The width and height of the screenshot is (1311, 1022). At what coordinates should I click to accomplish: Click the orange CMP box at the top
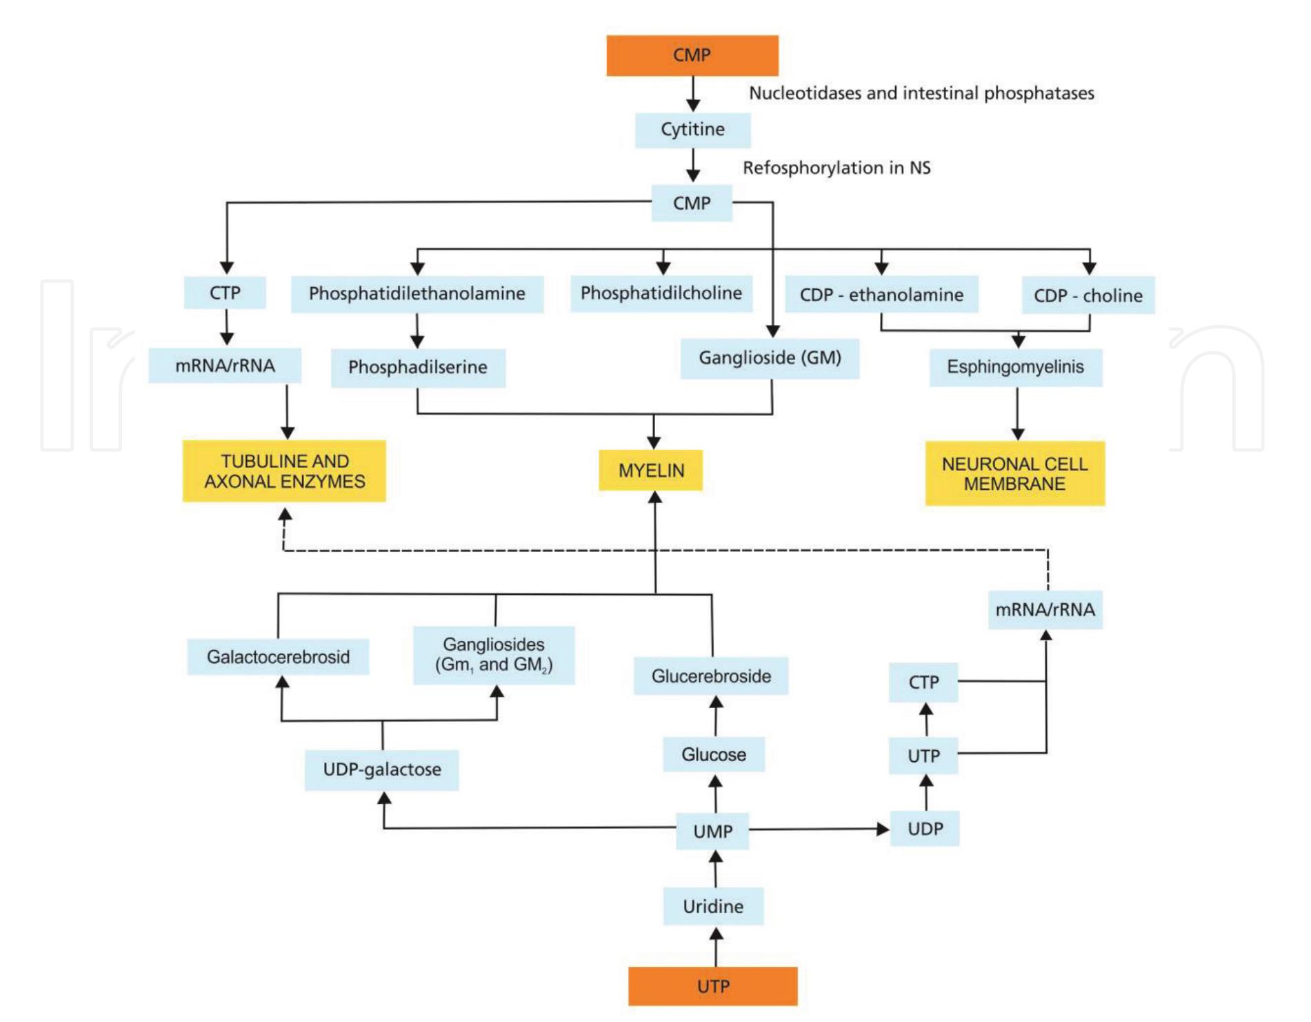(x=692, y=55)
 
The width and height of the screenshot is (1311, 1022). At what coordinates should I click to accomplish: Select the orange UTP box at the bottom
(x=712, y=985)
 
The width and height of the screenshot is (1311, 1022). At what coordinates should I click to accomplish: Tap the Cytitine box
(x=692, y=130)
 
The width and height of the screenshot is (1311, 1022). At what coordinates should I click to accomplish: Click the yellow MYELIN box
(x=650, y=471)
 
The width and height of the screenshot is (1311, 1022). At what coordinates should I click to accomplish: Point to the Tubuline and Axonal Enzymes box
(x=284, y=471)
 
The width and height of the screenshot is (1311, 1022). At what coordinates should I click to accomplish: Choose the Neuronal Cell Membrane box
(x=1014, y=473)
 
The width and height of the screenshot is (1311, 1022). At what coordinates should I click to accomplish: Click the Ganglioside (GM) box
(x=770, y=358)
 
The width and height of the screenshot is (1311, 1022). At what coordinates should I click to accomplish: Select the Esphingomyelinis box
(x=1015, y=367)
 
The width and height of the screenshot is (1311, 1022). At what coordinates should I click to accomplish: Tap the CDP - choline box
(x=1088, y=295)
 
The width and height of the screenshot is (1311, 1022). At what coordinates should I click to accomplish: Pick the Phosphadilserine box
(x=418, y=368)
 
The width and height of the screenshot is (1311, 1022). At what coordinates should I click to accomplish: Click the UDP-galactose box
(x=381, y=769)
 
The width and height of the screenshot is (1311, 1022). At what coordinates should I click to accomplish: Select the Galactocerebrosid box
(x=278, y=656)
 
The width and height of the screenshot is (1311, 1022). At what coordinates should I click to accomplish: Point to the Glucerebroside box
(x=711, y=676)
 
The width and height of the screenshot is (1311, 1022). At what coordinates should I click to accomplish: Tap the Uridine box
(x=713, y=906)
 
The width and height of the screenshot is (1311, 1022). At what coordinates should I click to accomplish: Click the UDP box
(x=925, y=829)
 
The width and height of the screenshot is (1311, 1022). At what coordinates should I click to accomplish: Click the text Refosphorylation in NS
(x=836, y=168)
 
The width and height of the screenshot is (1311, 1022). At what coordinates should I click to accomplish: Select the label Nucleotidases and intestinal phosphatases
(x=921, y=93)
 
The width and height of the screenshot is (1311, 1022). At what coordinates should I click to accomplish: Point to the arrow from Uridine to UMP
(x=716, y=869)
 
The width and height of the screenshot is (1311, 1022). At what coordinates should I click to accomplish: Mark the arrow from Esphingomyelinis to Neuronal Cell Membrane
(x=1017, y=413)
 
